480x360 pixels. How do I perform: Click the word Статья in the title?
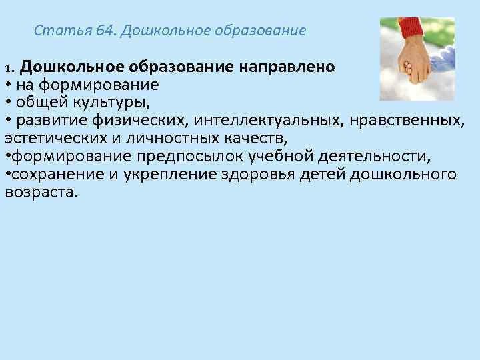click(x=55, y=31)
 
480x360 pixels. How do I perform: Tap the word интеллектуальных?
click(x=255, y=120)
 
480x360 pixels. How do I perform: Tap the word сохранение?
click(x=47, y=175)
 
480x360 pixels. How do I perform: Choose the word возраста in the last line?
click(x=41, y=193)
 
